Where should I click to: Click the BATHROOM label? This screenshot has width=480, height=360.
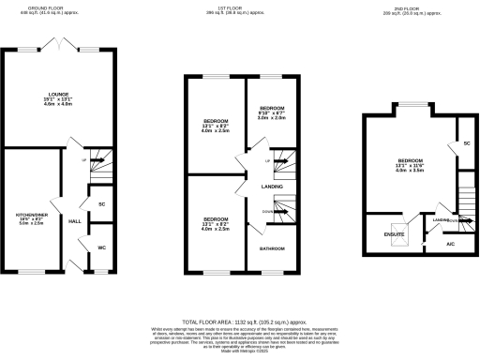coord(272,247)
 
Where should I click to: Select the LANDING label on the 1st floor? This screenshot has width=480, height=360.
coord(273,187)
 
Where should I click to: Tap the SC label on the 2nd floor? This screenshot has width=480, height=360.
coord(466,143)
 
